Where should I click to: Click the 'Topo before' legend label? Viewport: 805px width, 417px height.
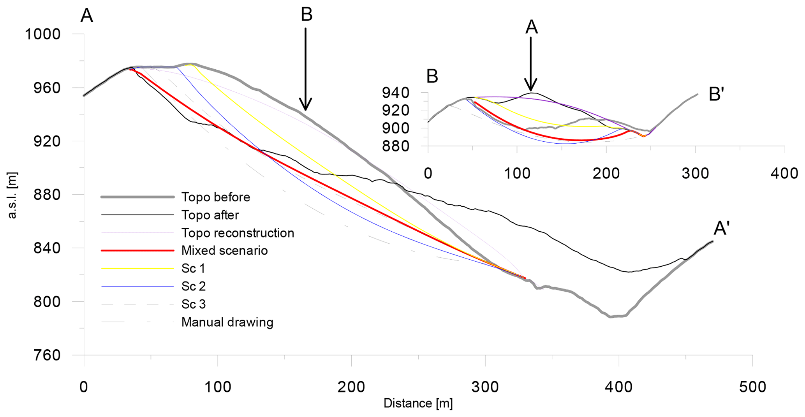click(215, 197)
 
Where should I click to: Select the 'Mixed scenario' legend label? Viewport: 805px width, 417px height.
click(224, 250)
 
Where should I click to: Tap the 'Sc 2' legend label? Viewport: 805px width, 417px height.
click(193, 286)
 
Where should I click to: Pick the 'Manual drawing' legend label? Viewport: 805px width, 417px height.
click(227, 322)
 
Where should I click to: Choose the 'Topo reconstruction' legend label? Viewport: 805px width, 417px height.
click(238, 233)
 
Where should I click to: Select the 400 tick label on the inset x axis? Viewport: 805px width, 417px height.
click(784, 174)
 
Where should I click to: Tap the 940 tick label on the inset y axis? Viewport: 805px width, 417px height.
click(395, 93)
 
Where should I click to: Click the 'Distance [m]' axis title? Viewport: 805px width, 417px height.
click(418, 404)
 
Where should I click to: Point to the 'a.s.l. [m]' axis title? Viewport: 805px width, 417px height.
click(12, 195)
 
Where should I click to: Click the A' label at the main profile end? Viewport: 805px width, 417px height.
click(721, 229)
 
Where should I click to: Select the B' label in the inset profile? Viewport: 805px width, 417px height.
click(716, 95)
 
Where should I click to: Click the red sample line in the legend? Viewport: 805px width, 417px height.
click(137, 251)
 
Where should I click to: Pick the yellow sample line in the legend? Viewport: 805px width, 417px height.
click(137, 268)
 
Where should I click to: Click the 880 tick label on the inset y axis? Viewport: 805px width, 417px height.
click(395, 146)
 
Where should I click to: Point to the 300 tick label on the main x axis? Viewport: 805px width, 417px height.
click(485, 387)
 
